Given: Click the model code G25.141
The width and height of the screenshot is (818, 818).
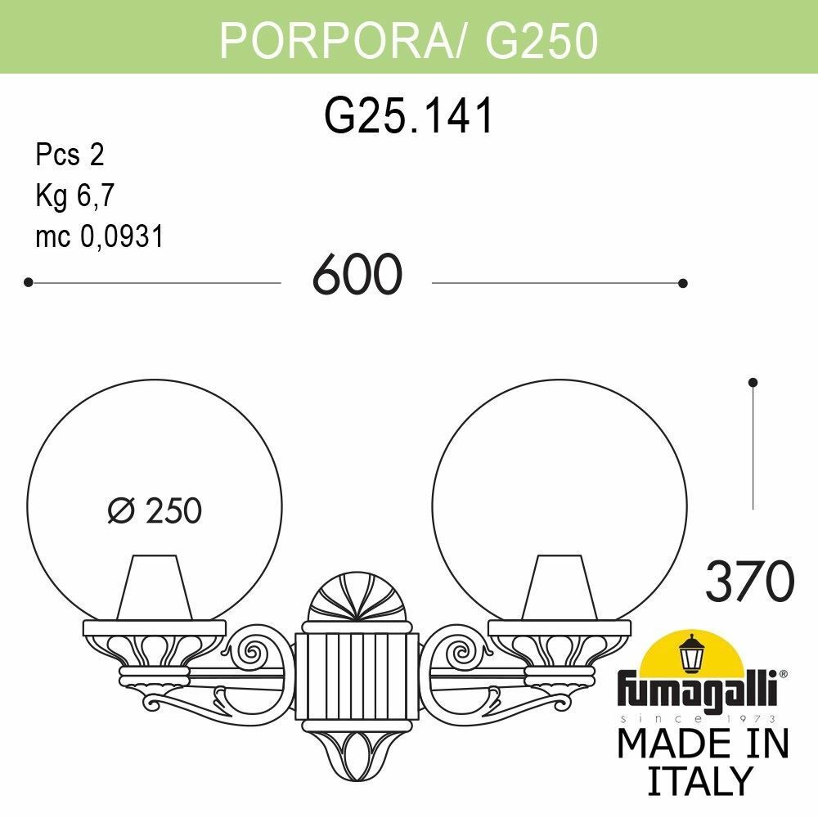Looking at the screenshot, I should tap(409, 115).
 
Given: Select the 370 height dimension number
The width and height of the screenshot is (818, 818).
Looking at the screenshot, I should tap(749, 582).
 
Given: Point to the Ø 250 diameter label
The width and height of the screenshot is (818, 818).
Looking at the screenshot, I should tap(155, 511).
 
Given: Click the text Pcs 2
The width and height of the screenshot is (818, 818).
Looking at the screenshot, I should tap(70, 154).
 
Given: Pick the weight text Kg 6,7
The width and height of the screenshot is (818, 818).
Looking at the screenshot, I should tap(74, 196).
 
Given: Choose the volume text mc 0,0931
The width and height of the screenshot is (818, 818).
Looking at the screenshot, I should tap(100, 236).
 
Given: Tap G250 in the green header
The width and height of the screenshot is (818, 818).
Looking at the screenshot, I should tap(541, 40).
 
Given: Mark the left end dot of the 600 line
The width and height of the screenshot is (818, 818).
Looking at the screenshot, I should tap(28, 282).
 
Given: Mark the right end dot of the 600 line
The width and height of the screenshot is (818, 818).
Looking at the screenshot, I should tap(683, 283).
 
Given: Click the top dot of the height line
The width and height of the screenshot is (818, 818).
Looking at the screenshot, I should tap(753, 382).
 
